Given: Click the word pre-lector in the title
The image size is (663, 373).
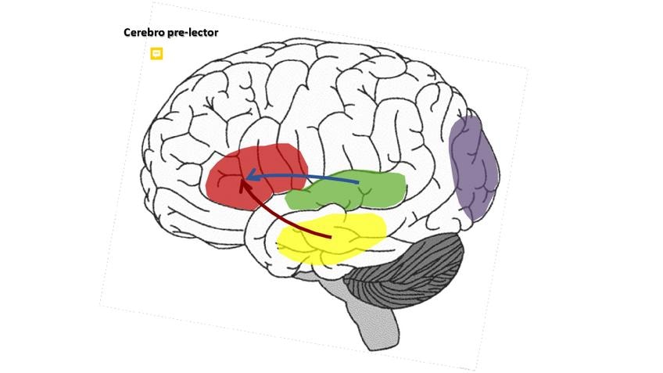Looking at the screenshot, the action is (194, 33).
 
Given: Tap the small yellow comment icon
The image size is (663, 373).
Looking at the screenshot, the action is (156, 53).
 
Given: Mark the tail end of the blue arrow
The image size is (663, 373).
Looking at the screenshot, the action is (357, 183).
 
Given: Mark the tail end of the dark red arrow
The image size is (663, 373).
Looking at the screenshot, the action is (331, 236).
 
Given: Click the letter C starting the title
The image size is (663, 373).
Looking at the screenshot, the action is (127, 33).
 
